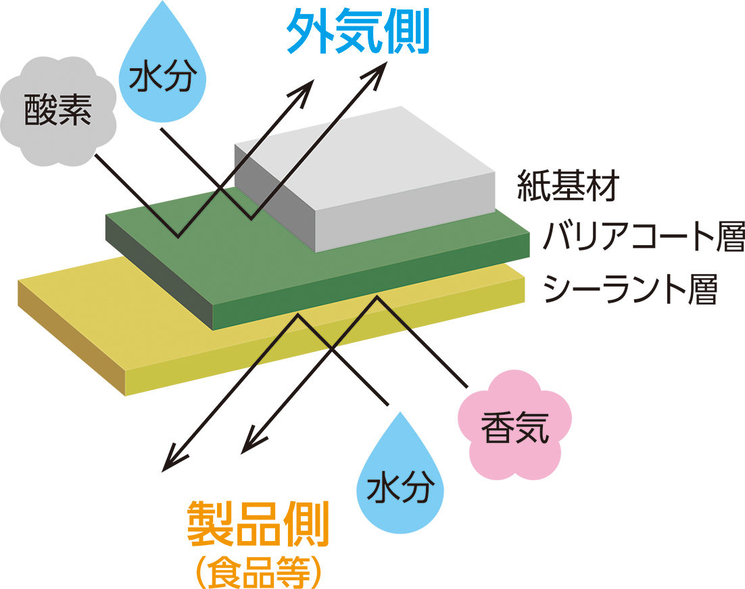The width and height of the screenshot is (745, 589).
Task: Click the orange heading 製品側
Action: tap(258, 524)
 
